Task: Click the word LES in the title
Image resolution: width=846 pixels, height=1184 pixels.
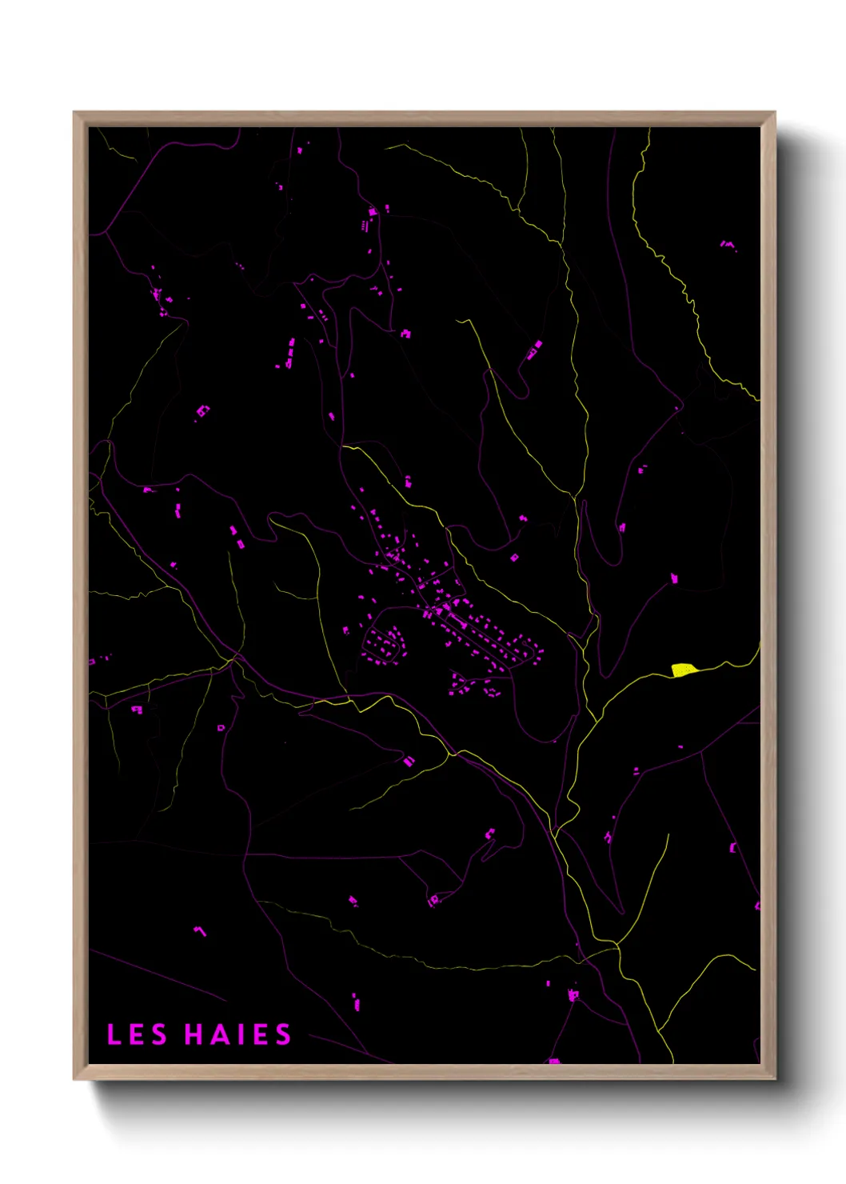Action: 137,1034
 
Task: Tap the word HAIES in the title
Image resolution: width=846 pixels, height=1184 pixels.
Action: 238,1034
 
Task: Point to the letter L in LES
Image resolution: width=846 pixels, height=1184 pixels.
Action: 114,1034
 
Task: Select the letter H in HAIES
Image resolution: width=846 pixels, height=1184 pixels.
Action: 195,1034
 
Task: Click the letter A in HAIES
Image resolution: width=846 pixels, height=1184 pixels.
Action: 221,1034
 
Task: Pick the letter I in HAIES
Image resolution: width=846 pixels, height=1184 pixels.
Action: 241,1034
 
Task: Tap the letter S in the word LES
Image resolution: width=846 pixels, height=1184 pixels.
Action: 159,1034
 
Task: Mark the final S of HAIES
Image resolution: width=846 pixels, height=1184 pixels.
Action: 283,1034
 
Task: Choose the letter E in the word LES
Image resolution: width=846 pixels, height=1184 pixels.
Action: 136,1034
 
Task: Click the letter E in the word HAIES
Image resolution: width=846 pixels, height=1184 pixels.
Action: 260,1034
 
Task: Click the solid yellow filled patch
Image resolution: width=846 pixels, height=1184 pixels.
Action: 681,670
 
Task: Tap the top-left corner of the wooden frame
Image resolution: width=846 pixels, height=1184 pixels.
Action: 74,113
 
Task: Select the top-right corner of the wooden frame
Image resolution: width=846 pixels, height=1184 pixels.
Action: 774,113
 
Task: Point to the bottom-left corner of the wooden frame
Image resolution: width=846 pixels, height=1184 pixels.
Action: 74,1079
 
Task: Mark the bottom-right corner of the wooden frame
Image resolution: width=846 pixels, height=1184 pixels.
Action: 774,1079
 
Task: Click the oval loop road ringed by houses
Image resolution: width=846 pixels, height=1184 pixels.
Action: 383,645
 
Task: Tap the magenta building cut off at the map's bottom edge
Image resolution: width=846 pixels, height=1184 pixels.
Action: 553,1061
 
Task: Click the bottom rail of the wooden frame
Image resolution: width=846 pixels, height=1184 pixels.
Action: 424,1072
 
